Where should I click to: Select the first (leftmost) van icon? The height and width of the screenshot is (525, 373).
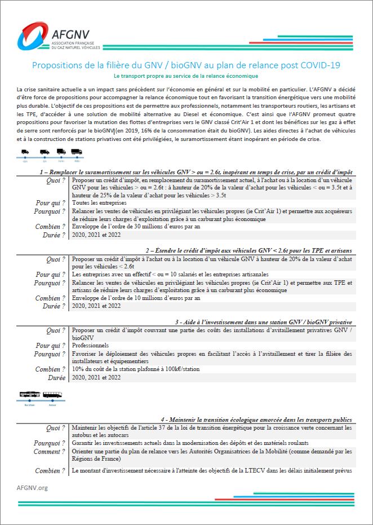pos(25,152)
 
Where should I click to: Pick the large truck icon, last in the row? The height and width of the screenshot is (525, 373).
pos(77,152)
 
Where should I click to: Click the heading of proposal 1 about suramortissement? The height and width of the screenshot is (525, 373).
pos(196,171)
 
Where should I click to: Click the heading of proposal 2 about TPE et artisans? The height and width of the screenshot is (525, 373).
pos(248,250)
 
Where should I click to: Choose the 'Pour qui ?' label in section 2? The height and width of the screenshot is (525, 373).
pos(51,274)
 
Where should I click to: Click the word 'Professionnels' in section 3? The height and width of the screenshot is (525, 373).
pos(90,345)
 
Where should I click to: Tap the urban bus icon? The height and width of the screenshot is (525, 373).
pos(29,395)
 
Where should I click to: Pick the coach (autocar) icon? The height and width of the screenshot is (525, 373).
pos(52,395)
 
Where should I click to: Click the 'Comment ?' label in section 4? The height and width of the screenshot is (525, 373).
pos(49,452)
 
